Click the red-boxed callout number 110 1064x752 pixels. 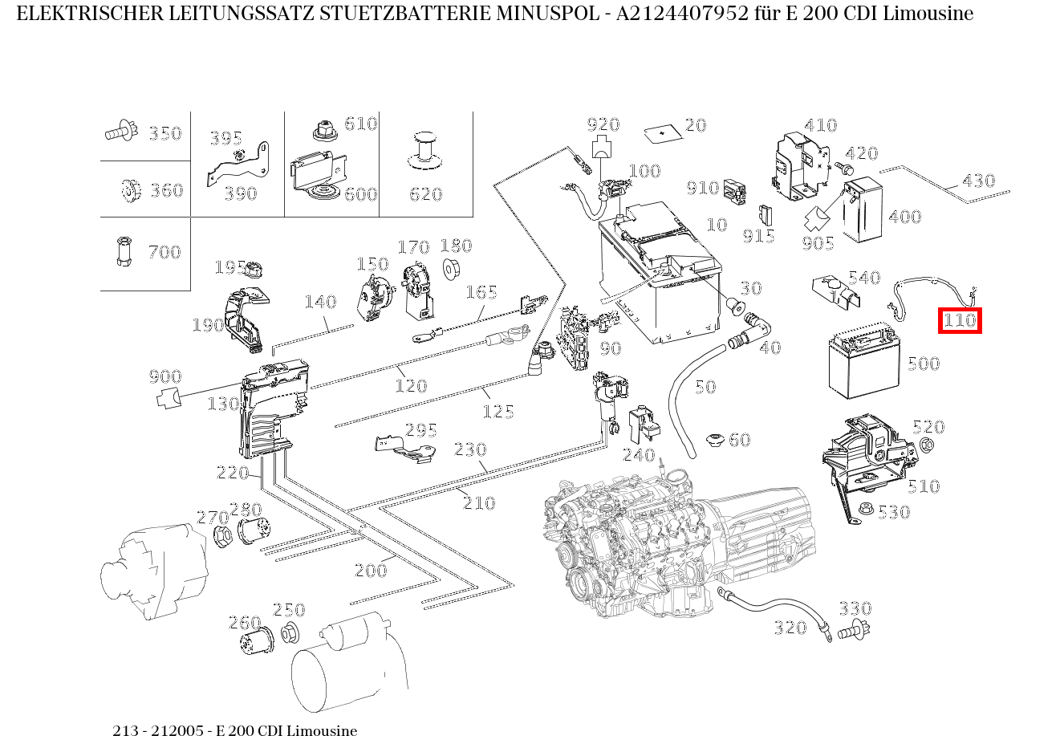click(960, 321)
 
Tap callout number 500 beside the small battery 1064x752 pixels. click(923, 364)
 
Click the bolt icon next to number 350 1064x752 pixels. click(121, 131)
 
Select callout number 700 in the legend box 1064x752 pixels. click(164, 252)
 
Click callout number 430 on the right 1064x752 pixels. click(978, 181)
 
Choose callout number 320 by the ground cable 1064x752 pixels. click(790, 628)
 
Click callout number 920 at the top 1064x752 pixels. click(603, 124)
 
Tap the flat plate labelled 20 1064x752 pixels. click(662, 132)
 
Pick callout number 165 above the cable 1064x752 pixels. click(481, 292)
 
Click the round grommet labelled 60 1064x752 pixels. click(713, 441)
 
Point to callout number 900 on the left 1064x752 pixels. click(164, 376)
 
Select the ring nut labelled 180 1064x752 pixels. click(451, 269)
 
